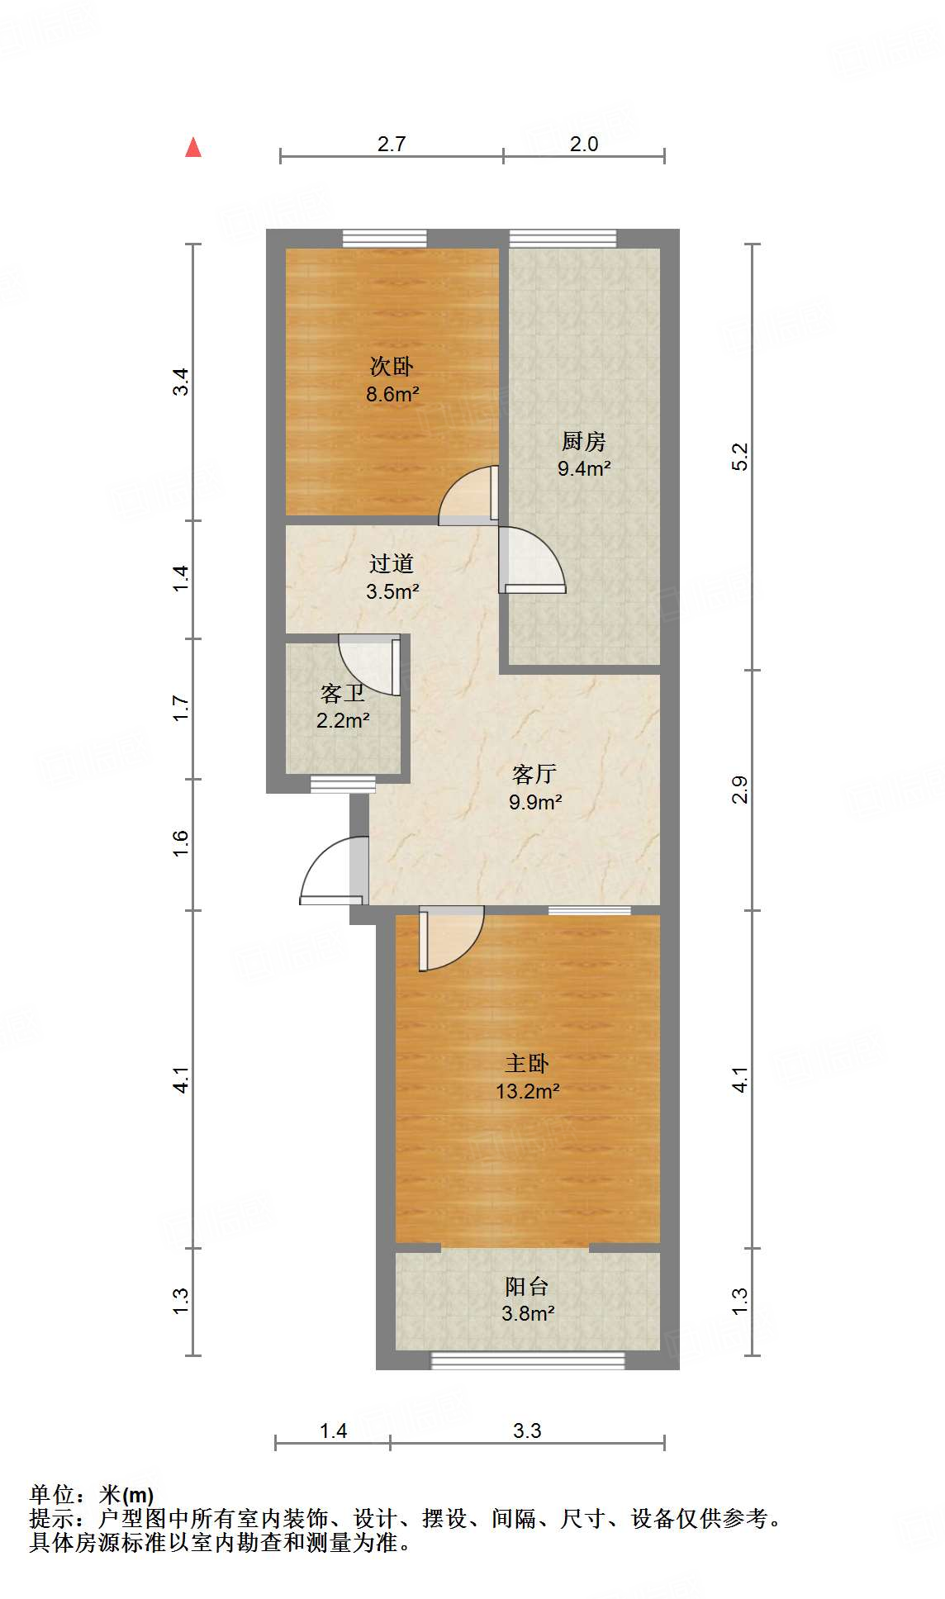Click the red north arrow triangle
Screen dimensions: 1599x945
[193, 148]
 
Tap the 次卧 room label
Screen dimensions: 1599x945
[392, 366]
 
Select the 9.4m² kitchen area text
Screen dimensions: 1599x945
[584, 469]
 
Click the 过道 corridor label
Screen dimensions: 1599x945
[392, 564]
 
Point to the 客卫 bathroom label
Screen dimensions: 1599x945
[342, 693]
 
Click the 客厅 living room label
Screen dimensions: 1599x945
[534, 774]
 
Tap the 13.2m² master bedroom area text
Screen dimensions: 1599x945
[527, 1092]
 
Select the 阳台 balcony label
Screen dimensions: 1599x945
[526, 1286]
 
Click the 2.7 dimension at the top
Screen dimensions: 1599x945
[392, 144]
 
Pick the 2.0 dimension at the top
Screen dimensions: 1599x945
[584, 144]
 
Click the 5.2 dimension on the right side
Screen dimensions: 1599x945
[740, 457]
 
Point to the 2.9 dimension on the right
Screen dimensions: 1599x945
[740, 790]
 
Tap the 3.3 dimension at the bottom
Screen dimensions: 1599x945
[527, 1431]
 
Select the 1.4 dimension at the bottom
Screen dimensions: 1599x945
[333, 1431]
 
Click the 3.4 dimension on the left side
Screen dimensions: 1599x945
[181, 382]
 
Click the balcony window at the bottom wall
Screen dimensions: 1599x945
[528, 1360]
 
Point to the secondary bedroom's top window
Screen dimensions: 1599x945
[385, 239]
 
